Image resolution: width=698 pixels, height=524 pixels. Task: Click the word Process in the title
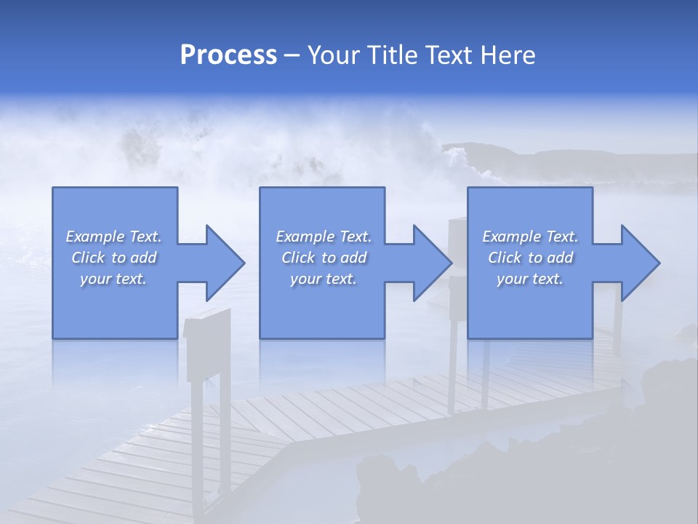[x=228, y=55]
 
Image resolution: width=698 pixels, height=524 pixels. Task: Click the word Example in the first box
[x=95, y=237]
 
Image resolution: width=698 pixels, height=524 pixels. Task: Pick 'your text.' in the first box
[x=113, y=279]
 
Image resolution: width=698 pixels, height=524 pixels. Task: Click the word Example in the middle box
[x=305, y=237]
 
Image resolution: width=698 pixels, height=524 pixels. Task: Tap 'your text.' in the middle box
[x=323, y=279]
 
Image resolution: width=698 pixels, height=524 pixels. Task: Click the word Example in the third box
[x=511, y=237]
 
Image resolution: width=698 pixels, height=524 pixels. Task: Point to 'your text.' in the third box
[x=530, y=279]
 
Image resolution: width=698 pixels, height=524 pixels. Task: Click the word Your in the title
[x=332, y=55]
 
